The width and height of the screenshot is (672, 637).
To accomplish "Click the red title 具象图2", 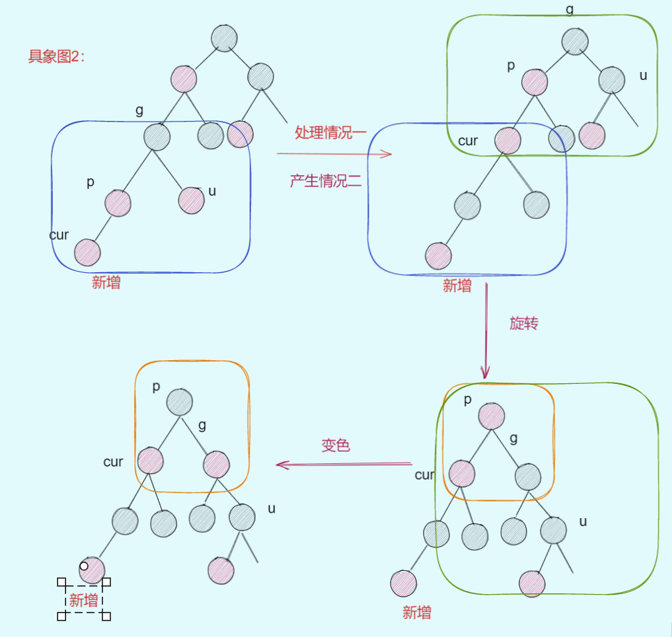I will (56, 57).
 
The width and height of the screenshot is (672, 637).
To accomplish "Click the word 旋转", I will (523, 323).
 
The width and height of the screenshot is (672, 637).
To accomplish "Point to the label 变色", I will (336, 446).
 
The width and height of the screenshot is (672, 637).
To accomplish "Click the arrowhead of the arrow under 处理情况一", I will (388, 155).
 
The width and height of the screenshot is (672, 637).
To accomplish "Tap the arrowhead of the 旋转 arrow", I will (486, 375).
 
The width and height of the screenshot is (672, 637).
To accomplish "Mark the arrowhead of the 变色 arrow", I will (281, 465).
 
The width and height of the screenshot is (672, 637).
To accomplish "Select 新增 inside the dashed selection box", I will (84, 601).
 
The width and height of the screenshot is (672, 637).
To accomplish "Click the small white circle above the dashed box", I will (84, 566).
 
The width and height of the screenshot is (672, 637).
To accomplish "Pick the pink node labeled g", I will (216, 465).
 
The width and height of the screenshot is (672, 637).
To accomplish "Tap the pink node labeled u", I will (191, 200).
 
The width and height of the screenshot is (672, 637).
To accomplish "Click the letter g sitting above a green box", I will (570, 9).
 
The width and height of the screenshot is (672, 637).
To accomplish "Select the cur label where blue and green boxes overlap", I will (468, 141).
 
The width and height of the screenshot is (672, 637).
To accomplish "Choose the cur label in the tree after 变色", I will (113, 462).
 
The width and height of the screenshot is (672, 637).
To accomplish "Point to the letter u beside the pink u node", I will (212, 191).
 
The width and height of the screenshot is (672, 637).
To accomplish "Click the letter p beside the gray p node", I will (156, 387).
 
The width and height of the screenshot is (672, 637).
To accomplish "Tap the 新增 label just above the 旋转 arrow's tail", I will (457, 285).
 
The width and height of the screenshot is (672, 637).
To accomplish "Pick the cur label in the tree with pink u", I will (59, 235).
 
